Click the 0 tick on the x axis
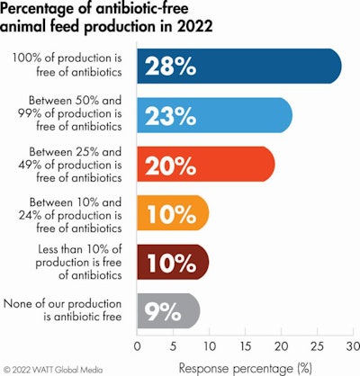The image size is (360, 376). click(137, 344)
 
